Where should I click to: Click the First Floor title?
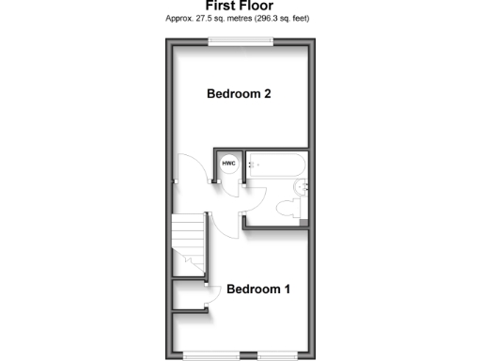tap(240, 6)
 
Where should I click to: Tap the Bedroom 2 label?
tap(240, 94)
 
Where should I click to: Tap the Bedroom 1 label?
tap(258, 289)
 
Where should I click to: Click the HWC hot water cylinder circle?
tap(228, 165)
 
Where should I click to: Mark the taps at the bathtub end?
tap(251, 166)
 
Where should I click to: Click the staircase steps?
tap(187, 240)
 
